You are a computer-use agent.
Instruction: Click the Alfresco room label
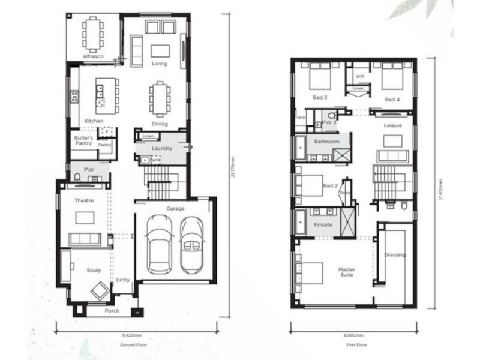pyautogui.click(x=93, y=56)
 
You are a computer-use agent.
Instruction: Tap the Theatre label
pyautogui.click(x=83, y=200)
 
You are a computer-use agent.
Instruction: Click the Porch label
pyautogui.click(x=112, y=311)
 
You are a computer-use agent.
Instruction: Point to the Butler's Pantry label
pyautogui.click(x=83, y=140)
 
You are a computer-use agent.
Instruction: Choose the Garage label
pyautogui.click(x=175, y=209)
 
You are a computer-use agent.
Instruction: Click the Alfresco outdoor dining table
pyautogui.click(x=93, y=34)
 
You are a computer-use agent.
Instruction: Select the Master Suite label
pyautogui.click(x=346, y=272)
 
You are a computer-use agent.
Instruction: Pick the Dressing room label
pyautogui.click(x=395, y=255)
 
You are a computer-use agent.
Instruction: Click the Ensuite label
pyautogui.click(x=323, y=225)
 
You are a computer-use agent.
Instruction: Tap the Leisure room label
pyautogui.click(x=392, y=125)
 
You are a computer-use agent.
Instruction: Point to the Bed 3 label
pyautogui.click(x=320, y=98)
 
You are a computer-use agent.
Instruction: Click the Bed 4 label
pyautogui.click(x=392, y=100)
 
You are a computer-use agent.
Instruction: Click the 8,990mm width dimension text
pyautogui.click(x=354, y=335)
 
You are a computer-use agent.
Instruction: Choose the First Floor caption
pyautogui.click(x=354, y=345)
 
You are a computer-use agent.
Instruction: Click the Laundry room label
pyautogui.click(x=162, y=148)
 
